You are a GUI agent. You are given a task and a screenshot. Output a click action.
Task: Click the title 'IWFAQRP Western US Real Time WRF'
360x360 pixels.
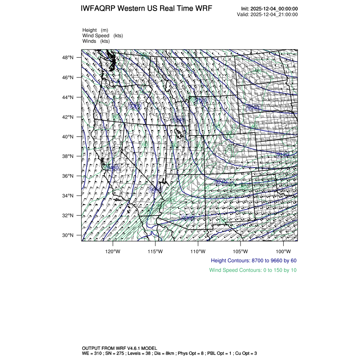point(146,9)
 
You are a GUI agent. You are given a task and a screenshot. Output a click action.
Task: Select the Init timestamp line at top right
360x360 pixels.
point(269,9)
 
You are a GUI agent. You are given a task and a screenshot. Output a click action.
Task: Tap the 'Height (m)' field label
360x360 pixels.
point(95,30)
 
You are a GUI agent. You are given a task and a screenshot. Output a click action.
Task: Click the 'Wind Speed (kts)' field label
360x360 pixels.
point(102,36)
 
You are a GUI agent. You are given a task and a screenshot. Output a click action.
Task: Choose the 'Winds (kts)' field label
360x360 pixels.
point(96,41)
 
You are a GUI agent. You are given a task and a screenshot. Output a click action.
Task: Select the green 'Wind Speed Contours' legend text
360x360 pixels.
point(253,270)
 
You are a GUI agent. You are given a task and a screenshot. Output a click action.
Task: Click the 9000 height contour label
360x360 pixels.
point(253,108)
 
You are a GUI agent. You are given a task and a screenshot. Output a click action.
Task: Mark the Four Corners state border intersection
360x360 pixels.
point(205,174)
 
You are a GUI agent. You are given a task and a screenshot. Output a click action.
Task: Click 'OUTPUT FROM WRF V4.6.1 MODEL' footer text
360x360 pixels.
point(119,348)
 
